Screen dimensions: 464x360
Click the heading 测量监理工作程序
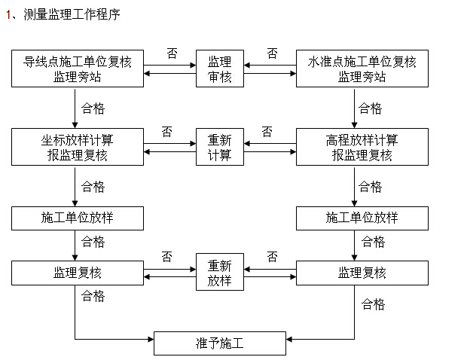coord(72,14)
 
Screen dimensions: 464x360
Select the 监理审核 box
coord(220,69)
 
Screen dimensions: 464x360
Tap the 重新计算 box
coord(220,147)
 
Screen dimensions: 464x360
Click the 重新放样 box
coord(220,272)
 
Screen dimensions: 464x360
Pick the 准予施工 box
coord(220,343)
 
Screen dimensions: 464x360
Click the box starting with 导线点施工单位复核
coord(78,69)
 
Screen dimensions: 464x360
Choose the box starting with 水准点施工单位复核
coord(362,69)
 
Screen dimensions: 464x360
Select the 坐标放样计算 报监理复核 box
coord(78,147)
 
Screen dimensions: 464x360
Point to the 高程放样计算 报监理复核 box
coord(362,147)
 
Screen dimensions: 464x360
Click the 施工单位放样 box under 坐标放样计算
coord(78,218)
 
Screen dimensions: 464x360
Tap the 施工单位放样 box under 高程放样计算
coord(362,218)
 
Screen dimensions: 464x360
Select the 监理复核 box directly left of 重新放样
coord(78,273)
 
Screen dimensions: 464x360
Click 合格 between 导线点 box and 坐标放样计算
coord(93,108)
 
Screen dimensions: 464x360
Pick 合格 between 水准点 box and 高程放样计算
coord(370,108)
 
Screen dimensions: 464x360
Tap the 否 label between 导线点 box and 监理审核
coord(172,53)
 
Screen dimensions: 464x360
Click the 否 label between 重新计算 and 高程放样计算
coord(267,132)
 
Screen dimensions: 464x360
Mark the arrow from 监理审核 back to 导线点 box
coord(170,73)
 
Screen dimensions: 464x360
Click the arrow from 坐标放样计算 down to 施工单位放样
coord(75,187)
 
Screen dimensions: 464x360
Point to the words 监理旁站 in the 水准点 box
coord(362,77)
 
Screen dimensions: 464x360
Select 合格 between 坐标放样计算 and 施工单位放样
coord(93,187)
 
